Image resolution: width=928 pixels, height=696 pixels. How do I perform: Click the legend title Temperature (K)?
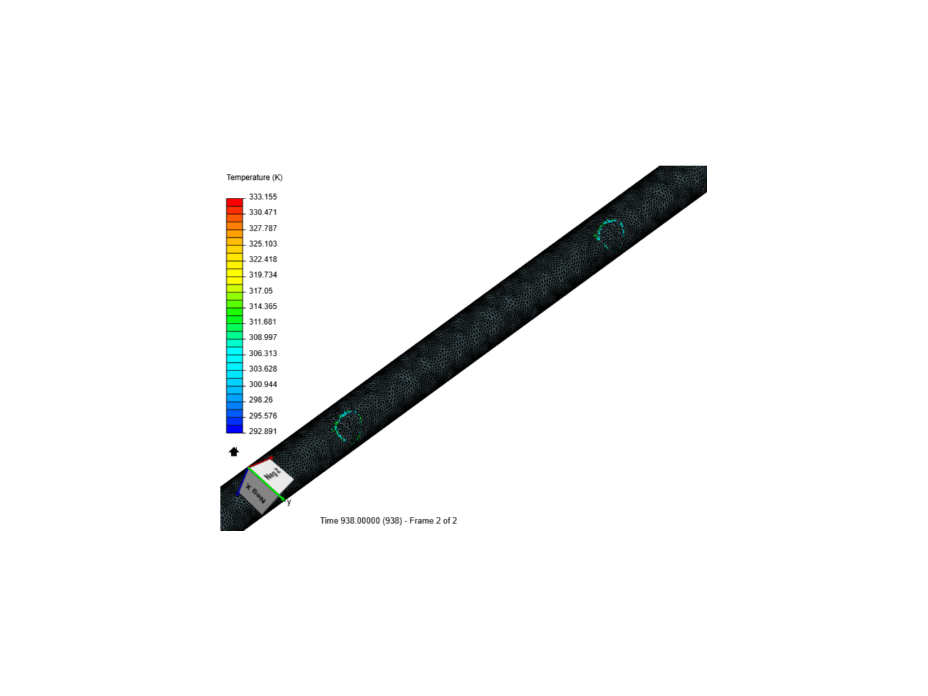[x=254, y=177]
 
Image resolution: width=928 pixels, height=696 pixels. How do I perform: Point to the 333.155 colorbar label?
[x=262, y=197]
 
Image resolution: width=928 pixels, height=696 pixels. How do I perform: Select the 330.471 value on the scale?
[x=262, y=213]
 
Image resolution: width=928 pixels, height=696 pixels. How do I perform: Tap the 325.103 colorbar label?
[x=262, y=244]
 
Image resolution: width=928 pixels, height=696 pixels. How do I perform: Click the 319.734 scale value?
[x=262, y=275]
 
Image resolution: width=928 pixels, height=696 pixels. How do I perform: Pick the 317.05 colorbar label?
[x=260, y=291]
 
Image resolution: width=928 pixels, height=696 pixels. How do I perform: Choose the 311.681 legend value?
[x=262, y=322]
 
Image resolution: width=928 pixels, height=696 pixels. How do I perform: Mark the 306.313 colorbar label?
[x=262, y=353]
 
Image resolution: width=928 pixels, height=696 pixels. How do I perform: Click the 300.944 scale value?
[x=262, y=385]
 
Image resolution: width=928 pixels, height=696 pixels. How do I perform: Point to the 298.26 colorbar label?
[x=260, y=400]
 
